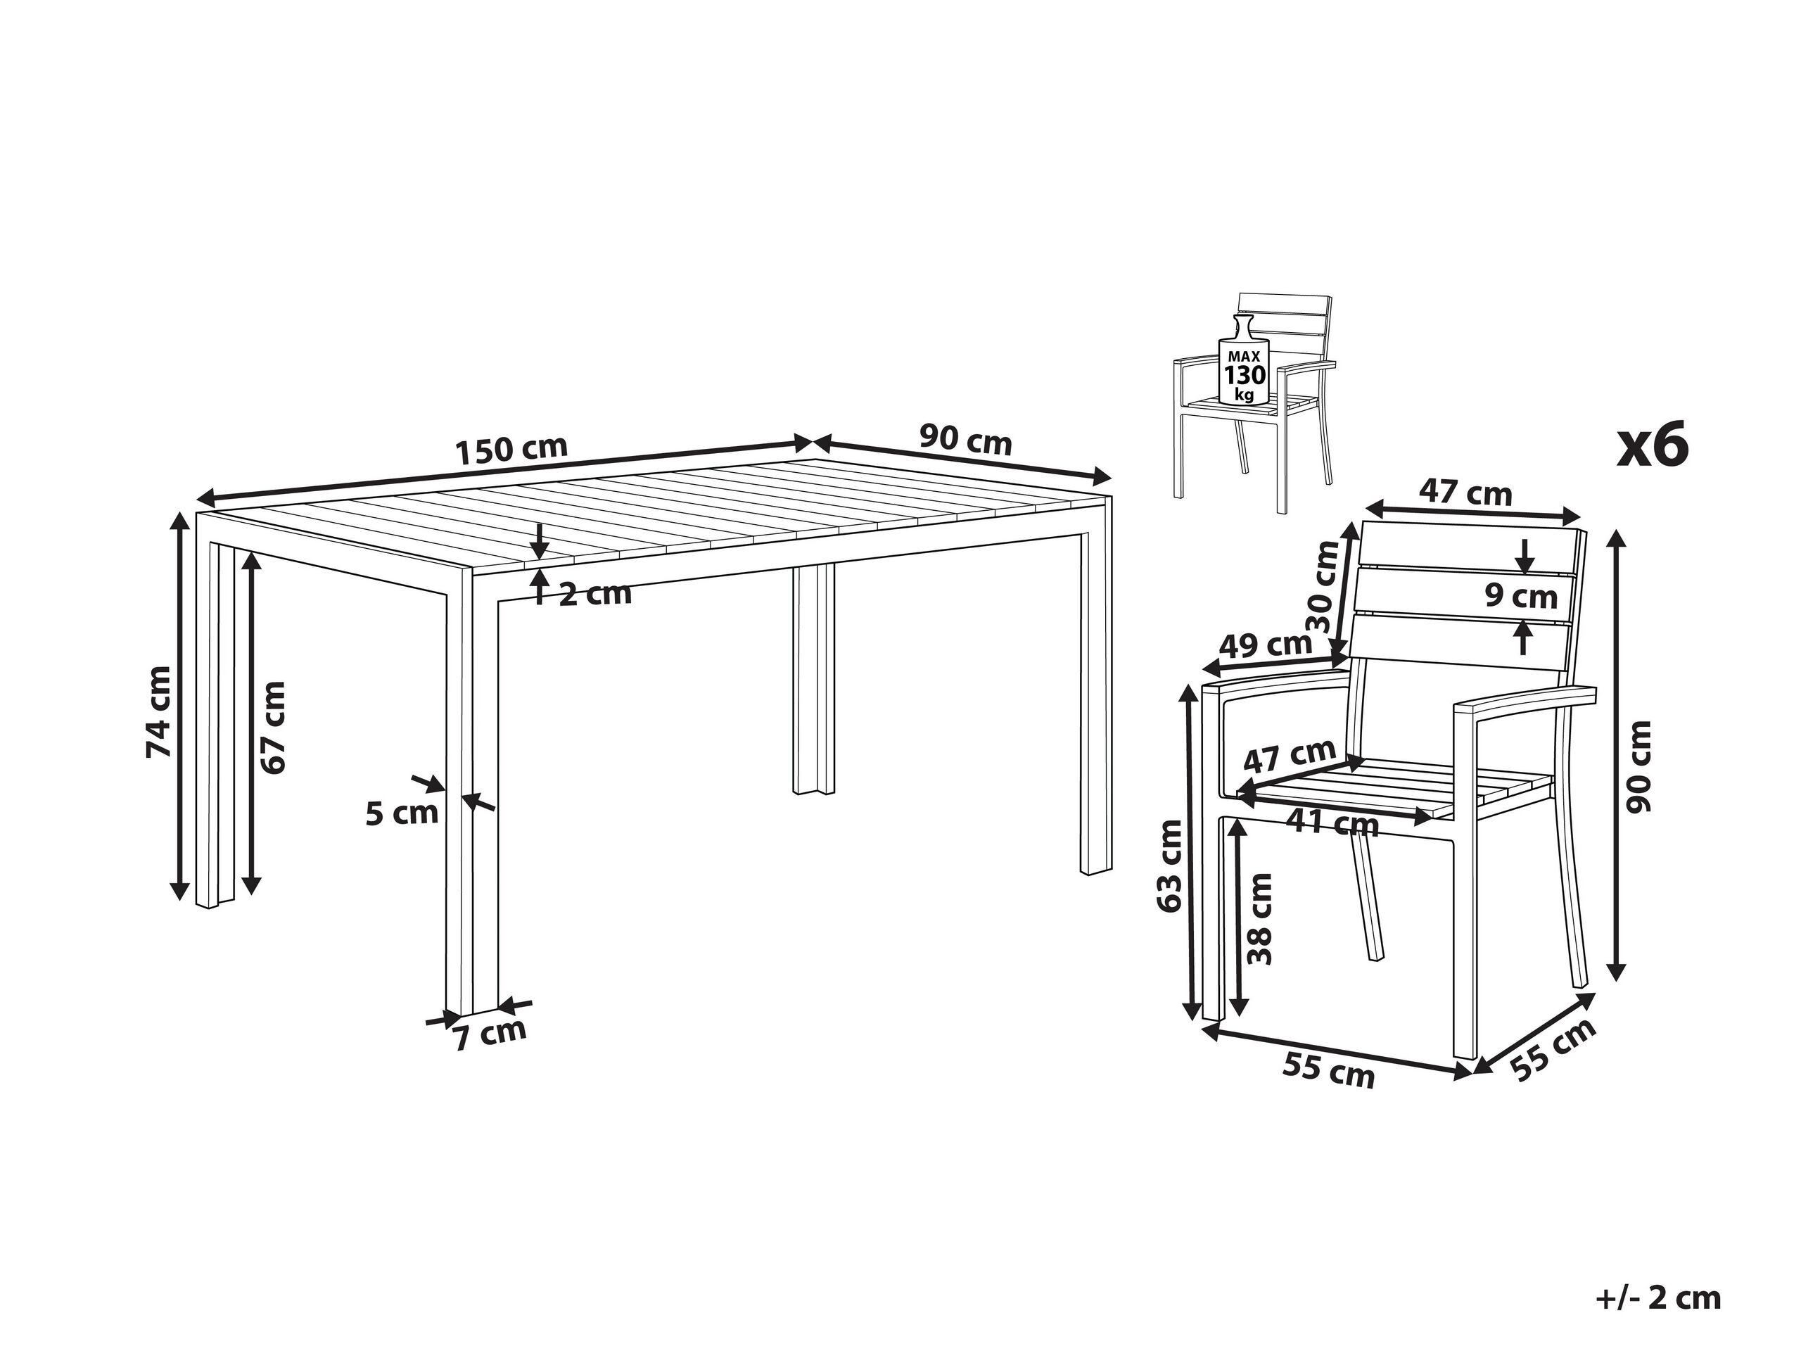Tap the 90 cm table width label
click(966, 440)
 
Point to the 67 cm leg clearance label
click(274, 727)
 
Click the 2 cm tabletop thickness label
click(595, 594)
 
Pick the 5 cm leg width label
click(402, 813)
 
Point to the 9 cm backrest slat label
click(1520, 596)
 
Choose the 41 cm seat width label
click(1332, 824)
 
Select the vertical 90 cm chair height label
click(1636, 766)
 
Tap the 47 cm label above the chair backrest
click(1465, 493)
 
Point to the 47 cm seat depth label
click(1290, 755)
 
